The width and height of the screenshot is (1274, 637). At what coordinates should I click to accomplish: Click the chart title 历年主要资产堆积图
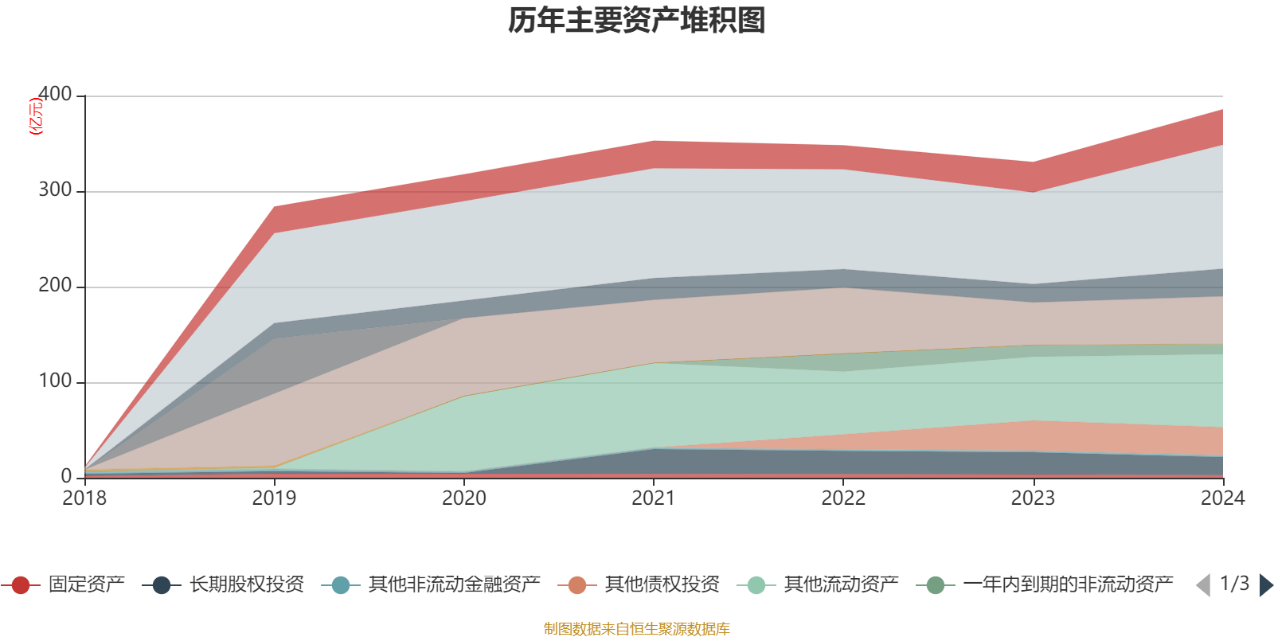pyautogui.click(x=637, y=21)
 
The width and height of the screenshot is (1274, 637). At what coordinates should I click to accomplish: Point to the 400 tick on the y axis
pyautogui.click(x=55, y=95)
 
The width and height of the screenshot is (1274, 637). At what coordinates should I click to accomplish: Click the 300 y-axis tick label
pyautogui.click(x=55, y=190)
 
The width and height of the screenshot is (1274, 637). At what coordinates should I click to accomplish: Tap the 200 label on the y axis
pyautogui.click(x=55, y=286)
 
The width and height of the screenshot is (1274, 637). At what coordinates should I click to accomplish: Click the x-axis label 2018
pyautogui.click(x=84, y=498)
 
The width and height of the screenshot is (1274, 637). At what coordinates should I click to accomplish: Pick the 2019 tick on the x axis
pyautogui.click(x=274, y=498)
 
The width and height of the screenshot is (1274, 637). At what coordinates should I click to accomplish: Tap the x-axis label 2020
pyautogui.click(x=463, y=498)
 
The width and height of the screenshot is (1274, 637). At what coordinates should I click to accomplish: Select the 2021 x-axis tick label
pyautogui.click(x=654, y=498)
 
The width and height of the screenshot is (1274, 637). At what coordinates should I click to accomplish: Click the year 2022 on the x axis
pyautogui.click(x=843, y=498)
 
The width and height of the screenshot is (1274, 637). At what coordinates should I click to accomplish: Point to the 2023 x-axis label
pyautogui.click(x=1033, y=498)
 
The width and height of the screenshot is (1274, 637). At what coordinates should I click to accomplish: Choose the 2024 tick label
pyautogui.click(x=1222, y=498)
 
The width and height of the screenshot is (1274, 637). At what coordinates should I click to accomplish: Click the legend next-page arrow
pyautogui.click(x=1265, y=585)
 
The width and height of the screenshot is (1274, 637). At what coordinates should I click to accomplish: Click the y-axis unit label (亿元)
pyautogui.click(x=36, y=116)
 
